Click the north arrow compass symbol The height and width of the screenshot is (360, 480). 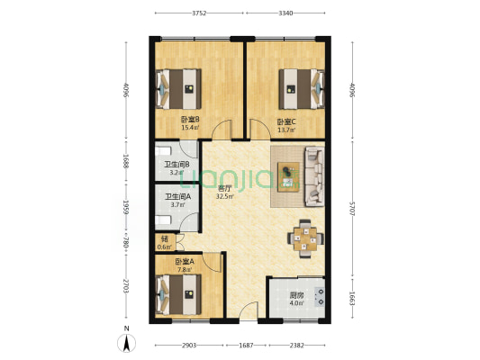[x=126, y=343]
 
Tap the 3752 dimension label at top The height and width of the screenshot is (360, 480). [x=199, y=13]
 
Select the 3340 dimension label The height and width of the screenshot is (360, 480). [x=285, y=13]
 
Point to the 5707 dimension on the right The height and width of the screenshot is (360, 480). [x=352, y=209]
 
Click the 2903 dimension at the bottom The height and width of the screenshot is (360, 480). [x=189, y=346]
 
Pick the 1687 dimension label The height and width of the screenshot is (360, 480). [x=246, y=346]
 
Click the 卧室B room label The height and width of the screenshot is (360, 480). [x=190, y=119]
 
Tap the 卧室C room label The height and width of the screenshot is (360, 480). [x=286, y=122]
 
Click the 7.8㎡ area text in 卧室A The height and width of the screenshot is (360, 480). [x=185, y=269]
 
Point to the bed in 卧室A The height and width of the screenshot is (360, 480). [x=178, y=294]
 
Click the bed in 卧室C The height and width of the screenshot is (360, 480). [x=302, y=89]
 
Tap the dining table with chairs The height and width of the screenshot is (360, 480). [x=305, y=238]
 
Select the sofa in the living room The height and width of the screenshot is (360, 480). [x=314, y=176]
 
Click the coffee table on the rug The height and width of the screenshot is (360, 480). [x=288, y=177]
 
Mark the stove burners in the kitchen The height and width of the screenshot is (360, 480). [x=320, y=297]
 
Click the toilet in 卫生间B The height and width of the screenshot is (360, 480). [x=163, y=151]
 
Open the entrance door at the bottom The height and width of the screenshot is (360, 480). [x=249, y=310]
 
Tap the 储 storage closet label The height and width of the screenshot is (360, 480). [x=165, y=238]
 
